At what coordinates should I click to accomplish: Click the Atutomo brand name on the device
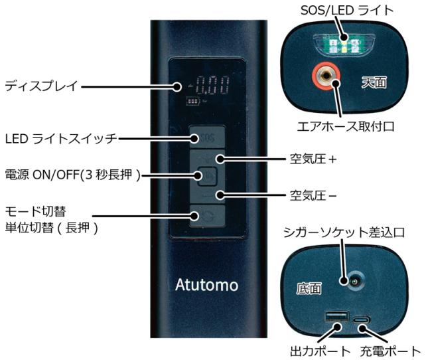coord(206,285)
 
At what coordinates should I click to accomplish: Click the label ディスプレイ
coord(41,86)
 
